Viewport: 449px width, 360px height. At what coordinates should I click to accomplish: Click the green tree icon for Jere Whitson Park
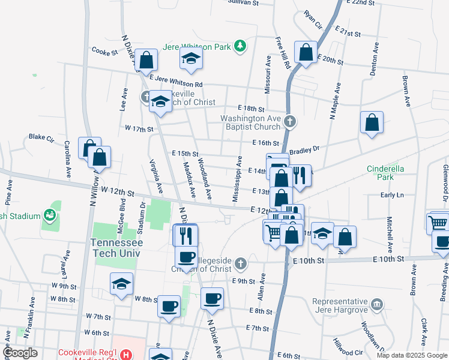240,46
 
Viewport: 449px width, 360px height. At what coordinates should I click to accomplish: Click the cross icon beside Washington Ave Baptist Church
290,122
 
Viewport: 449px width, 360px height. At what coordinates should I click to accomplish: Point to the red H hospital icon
125,355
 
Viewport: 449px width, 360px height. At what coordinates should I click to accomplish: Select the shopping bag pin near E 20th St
306,52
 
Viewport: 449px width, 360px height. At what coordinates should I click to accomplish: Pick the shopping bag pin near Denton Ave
372,122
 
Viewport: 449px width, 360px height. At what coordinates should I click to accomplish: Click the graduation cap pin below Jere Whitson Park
191,58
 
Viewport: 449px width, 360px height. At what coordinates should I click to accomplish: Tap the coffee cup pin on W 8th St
169,307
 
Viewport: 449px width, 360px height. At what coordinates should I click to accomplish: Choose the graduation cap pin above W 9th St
121,284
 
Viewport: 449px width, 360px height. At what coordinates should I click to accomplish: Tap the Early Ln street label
392,195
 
